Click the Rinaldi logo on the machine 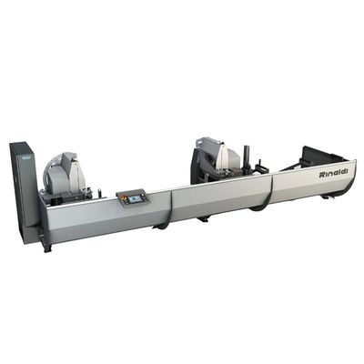tap(333, 173)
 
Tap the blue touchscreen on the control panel tap(133, 199)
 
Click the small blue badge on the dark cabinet tap(24, 157)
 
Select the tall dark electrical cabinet tap(24, 189)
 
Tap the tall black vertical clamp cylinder tap(247, 157)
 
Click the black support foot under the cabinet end tap(47, 247)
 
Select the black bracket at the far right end tap(321, 156)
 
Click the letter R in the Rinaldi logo tap(322, 175)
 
